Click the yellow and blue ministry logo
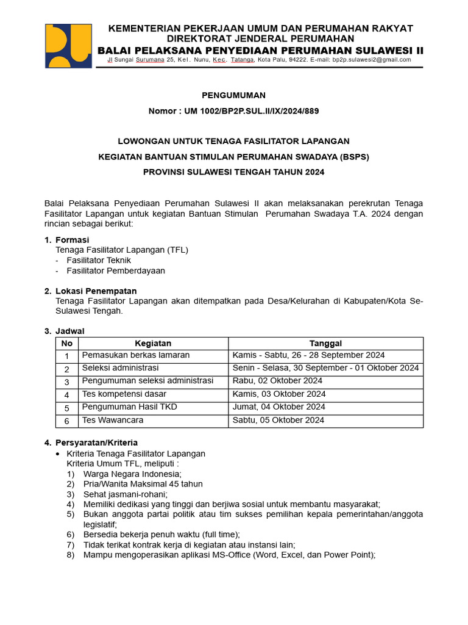click(68, 46)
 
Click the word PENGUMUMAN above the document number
click(234, 95)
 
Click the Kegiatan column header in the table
click(153, 344)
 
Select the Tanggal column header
click(325, 344)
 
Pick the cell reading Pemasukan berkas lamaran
click(136, 355)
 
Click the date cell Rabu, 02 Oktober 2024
click(277, 381)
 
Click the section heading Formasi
click(72, 240)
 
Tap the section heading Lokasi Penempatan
click(96, 291)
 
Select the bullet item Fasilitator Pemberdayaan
click(116, 270)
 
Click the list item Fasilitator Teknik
click(99, 260)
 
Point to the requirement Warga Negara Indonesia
click(132, 474)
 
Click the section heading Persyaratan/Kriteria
click(96, 443)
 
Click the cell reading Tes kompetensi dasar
click(124, 394)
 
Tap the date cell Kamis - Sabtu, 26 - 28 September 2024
click(308, 355)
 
